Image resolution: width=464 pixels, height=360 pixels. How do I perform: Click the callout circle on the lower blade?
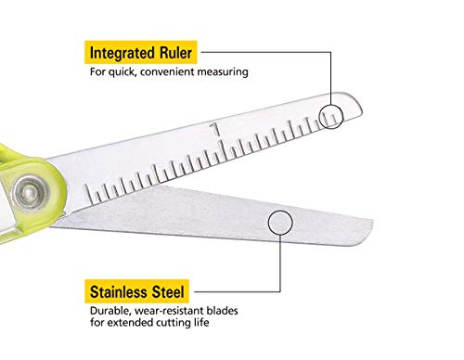278,222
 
